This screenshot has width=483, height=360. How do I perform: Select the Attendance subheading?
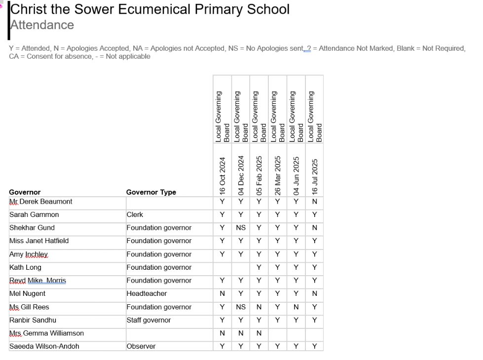point(42,25)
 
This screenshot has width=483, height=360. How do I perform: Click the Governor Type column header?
point(151,192)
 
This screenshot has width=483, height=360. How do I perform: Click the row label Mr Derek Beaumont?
point(41,202)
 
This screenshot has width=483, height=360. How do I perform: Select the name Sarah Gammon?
point(34,215)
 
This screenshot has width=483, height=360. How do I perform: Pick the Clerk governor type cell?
point(135,215)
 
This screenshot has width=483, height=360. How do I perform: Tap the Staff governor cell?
point(149,320)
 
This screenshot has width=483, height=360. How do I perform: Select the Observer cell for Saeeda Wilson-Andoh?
point(141,346)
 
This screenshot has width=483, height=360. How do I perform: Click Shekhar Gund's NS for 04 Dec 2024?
point(241,228)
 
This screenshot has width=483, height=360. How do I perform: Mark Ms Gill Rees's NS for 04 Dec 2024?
point(241,307)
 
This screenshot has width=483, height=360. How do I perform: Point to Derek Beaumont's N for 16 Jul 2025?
point(315,202)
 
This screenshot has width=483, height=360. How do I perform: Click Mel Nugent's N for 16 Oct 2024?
point(222,293)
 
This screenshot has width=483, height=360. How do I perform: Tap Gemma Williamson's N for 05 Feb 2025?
point(259,333)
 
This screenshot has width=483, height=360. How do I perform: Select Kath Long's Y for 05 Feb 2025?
point(259,267)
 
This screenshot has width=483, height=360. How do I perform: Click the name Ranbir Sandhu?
point(33,320)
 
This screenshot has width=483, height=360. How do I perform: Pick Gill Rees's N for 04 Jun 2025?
point(296,307)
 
